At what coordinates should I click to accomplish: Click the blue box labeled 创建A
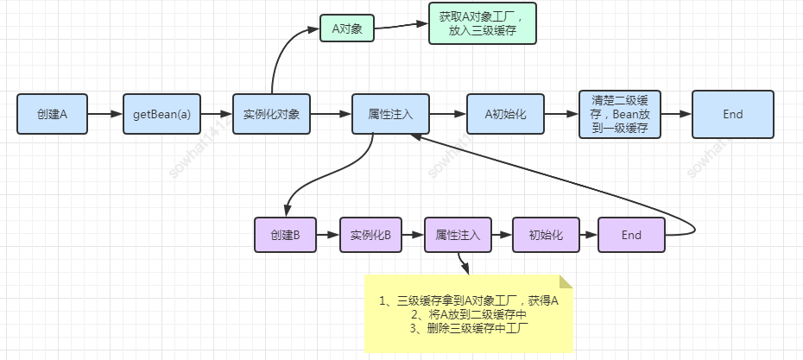[x=52, y=114]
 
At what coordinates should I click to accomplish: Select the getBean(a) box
[x=161, y=114]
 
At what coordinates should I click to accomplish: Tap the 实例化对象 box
[x=271, y=114]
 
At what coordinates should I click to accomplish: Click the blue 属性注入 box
[x=390, y=114]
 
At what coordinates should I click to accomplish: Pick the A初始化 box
[x=505, y=114]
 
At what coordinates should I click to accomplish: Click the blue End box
[x=732, y=114]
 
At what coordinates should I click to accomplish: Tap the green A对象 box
[x=346, y=28]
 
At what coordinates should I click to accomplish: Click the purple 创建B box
[x=285, y=235]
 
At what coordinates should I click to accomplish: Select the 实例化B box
[x=370, y=235]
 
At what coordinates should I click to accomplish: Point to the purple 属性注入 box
[x=458, y=235]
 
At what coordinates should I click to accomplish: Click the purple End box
[x=631, y=235]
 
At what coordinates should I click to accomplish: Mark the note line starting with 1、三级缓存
[x=469, y=300]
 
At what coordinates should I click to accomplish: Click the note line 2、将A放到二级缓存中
[x=469, y=314]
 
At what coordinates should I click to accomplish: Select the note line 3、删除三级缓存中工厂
[x=469, y=328]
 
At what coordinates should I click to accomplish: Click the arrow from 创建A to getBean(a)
[x=104, y=114]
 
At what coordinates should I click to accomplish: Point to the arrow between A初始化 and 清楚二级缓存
[x=561, y=114]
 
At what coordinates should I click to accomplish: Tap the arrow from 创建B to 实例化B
[x=327, y=235]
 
